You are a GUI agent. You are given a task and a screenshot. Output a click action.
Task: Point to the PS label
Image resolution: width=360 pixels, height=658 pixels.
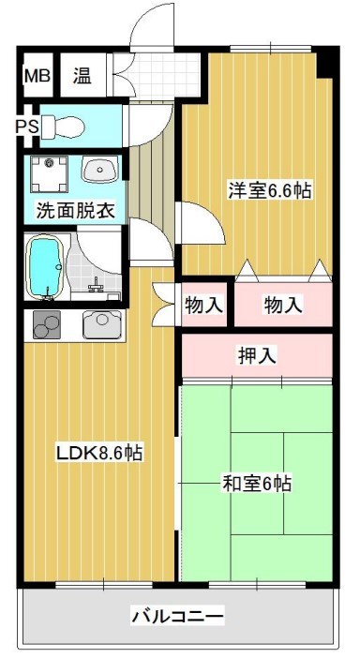pyautogui.click(x=25, y=124)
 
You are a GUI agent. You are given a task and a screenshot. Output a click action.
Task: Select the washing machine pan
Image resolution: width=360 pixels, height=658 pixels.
pyautogui.click(x=46, y=172)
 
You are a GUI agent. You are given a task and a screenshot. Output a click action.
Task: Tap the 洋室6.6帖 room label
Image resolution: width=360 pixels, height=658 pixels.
pyautogui.click(x=268, y=190)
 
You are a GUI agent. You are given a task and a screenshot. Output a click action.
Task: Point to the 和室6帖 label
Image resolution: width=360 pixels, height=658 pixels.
pyautogui.click(x=256, y=484)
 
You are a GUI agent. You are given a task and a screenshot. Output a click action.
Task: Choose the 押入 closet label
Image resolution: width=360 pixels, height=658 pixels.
pyautogui.click(x=257, y=355)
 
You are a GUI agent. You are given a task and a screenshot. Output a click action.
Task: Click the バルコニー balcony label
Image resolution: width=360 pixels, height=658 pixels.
pyautogui.click(x=177, y=616)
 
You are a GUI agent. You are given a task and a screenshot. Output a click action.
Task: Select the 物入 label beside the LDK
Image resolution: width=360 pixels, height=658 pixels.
pyautogui.click(x=203, y=305)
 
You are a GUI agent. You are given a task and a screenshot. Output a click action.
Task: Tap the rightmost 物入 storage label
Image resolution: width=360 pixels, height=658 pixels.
pyautogui.click(x=282, y=305)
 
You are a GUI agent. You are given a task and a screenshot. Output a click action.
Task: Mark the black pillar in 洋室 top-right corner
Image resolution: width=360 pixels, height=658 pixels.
pyautogui.click(x=325, y=63)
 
